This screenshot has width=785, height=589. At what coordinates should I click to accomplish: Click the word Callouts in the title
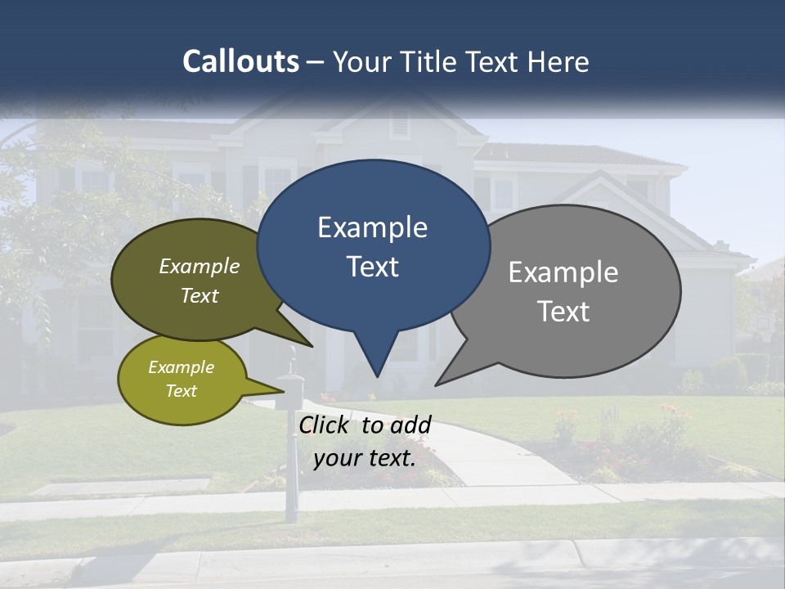241,61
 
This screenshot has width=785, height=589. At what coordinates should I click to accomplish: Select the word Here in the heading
558,61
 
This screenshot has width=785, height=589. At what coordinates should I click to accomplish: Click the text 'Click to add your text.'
365,441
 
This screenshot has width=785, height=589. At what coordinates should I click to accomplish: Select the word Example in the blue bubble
372,227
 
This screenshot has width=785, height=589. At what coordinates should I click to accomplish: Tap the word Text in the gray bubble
564,312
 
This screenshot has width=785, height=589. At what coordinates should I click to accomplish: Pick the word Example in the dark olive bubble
200,267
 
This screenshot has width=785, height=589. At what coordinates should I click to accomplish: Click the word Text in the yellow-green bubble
182,391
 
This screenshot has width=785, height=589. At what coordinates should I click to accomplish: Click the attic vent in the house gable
400,123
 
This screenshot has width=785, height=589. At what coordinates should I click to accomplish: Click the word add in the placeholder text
410,425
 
